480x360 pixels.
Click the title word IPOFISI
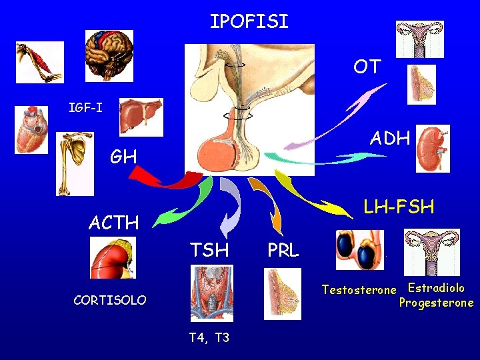[249, 22]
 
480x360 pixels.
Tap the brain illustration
[109, 55]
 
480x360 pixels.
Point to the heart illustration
[31, 130]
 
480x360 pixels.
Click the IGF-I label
[86, 107]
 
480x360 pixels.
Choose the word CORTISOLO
[110, 300]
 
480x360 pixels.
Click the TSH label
[209, 250]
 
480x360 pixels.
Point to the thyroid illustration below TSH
[211, 293]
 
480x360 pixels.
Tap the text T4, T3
[209, 337]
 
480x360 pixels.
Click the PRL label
[283, 251]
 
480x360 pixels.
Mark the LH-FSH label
[398, 207]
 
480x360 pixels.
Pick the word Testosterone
[358, 290]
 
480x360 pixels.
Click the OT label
[367, 67]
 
